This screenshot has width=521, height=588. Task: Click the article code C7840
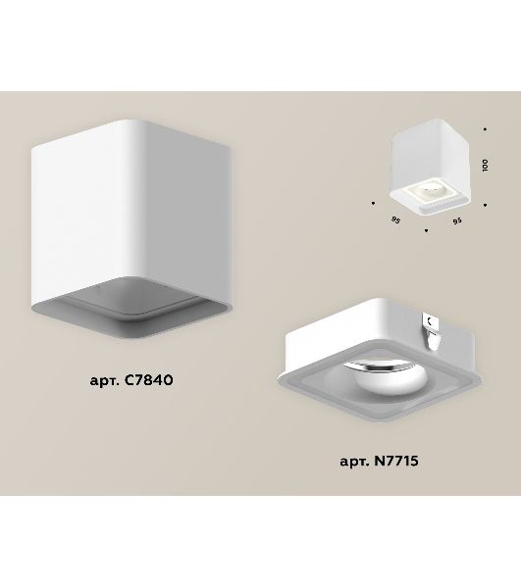coord(148,380)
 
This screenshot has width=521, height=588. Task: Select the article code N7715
coord(396,461)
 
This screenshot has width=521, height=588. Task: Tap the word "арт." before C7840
coord(105,381)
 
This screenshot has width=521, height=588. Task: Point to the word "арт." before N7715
coord(355,462)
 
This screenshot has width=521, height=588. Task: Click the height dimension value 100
coord(485,165)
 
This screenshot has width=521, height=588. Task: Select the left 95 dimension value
coord(395,220)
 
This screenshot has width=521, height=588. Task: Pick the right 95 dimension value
coord(457,220)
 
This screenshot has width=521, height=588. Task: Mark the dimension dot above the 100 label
coord(485,129)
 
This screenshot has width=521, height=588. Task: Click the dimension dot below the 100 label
coord(485,205)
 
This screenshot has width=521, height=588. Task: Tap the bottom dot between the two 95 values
coord(426,230)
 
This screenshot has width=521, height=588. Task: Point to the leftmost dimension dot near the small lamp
coord(373,203)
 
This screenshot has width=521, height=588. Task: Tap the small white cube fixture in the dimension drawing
coord(430,168)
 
